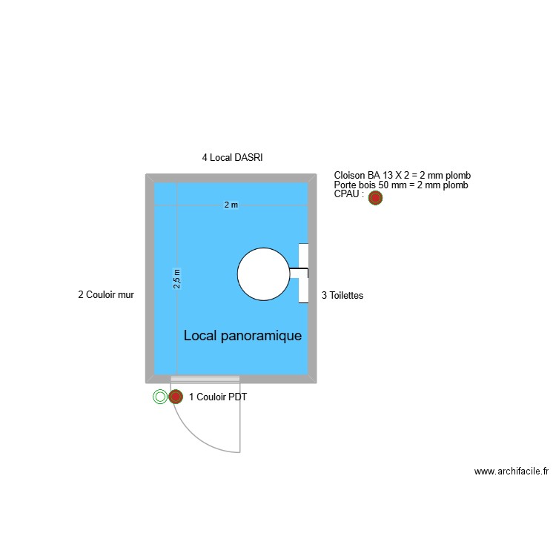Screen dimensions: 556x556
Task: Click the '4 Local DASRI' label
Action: point(232,157)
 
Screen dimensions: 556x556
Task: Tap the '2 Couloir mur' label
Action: point(106,295)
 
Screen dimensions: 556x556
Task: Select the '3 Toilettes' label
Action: point(342,295)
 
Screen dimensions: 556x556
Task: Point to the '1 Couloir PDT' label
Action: point(218,397)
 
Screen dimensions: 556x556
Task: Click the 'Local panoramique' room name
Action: point(242,336)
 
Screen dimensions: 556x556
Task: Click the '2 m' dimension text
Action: point(231,205)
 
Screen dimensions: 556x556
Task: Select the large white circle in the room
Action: point(263,274)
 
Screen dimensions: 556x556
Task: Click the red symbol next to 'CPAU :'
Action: point(375,198)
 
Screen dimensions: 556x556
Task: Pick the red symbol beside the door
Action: point(176,397)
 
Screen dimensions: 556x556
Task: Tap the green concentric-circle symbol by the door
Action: point(160,397)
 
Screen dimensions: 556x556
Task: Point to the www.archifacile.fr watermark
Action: point(511,471)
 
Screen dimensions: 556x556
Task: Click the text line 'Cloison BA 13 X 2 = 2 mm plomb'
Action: point(402,176)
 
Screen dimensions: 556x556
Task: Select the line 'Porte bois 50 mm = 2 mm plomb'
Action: point(401,185)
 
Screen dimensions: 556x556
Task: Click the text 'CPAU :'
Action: point(349,195)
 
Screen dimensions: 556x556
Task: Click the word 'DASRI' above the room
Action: point(250,157)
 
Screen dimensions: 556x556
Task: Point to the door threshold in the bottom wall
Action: point(205,380)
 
